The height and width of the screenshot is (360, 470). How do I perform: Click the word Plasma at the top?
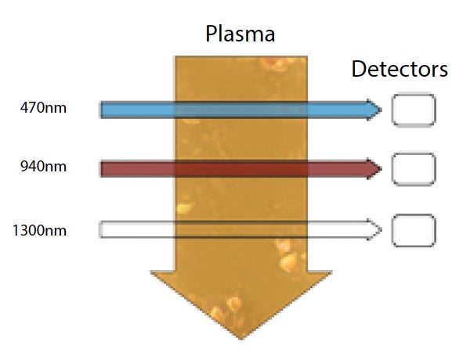point(240,34)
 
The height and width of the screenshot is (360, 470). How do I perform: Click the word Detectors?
point(399,69)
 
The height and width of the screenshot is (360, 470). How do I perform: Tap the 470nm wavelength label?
point(44,108)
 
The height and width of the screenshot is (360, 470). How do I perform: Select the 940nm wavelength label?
point(44,166)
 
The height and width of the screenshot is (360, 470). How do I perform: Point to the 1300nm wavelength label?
point(41,230)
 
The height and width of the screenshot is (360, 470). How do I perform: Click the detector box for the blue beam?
point(413,110)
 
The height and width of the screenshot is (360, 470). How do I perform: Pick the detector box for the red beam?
point(413,168)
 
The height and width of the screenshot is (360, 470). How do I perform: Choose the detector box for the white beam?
point(413,230)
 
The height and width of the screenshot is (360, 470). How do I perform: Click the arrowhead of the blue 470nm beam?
point(375,110)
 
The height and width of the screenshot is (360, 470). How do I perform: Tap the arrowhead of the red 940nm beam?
point(375,168)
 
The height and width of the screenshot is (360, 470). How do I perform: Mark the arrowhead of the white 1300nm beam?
point(375,230)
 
